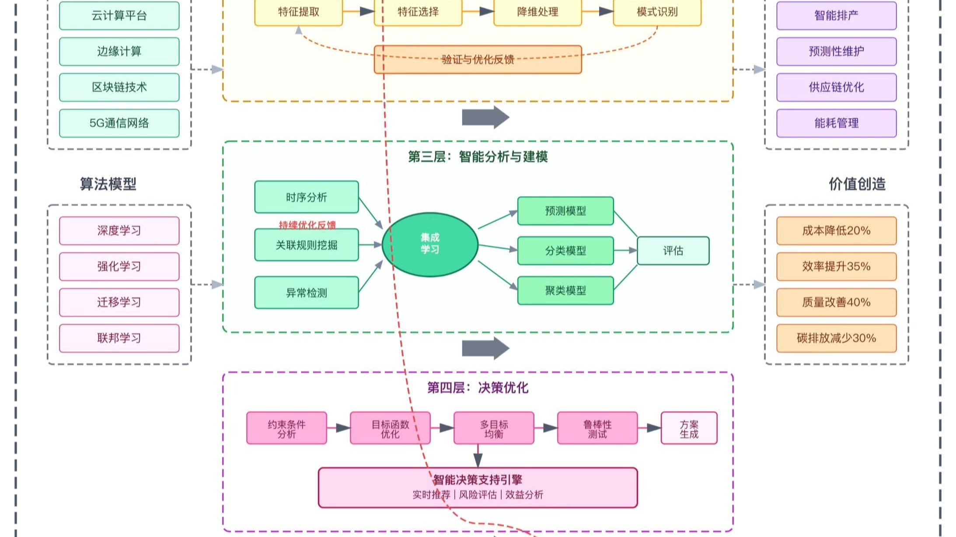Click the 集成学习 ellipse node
click(x=430, y=244)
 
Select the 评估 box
click(x=673, y=250)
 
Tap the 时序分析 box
click(x=306, y=197)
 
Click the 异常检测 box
click(x=306, y=292)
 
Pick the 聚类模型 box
click(x=565, y=290)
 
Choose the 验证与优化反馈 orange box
click(x=478, y=59)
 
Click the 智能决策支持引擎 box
click(x=478, y=487)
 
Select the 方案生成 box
click(x=688, y=428)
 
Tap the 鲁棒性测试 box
click(x=597, y=428)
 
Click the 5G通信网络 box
click(x=119, y=123)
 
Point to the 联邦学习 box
click(x=119, y=338)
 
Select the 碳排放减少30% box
click(x=836, y=338)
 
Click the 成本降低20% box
click(x=836, y=230)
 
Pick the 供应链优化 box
click(x=836, y=87)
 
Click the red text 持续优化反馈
click(x=307, y=225)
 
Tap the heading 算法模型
click(x=108, y=184)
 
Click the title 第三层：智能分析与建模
click(x=478, y=156)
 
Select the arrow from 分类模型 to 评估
click(x=625, y=250)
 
